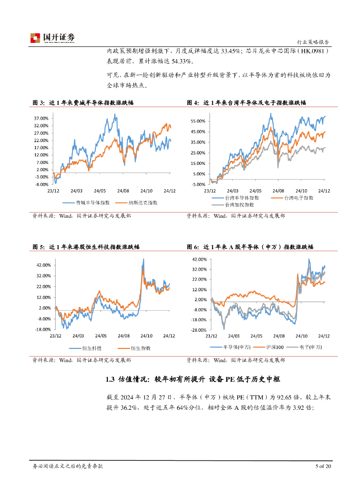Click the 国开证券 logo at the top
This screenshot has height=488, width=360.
[x=52, y=37]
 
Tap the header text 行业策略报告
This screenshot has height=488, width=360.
[x=312, y=41]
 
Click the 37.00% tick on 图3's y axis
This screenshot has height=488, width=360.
[x=41, y=118]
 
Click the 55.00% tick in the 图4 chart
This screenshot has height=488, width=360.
[x=197, y=121]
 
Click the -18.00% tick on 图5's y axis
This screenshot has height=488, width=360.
[x=43, y=329]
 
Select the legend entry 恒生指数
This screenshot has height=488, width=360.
[x=141, y=348]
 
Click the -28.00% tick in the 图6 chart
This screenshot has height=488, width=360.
[x=198, y=330]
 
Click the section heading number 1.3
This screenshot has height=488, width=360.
[x=110, y=380]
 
